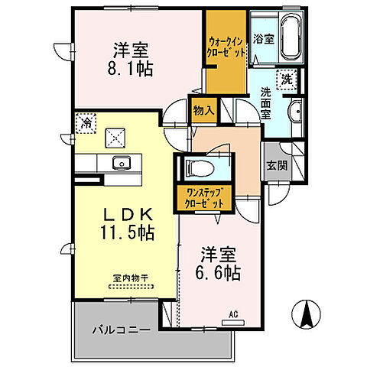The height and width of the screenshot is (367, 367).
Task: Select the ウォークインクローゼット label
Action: click(226, 47)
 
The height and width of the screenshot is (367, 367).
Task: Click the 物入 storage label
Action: click(204, 111)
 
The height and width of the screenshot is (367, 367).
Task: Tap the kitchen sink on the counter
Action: click(120, 162)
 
